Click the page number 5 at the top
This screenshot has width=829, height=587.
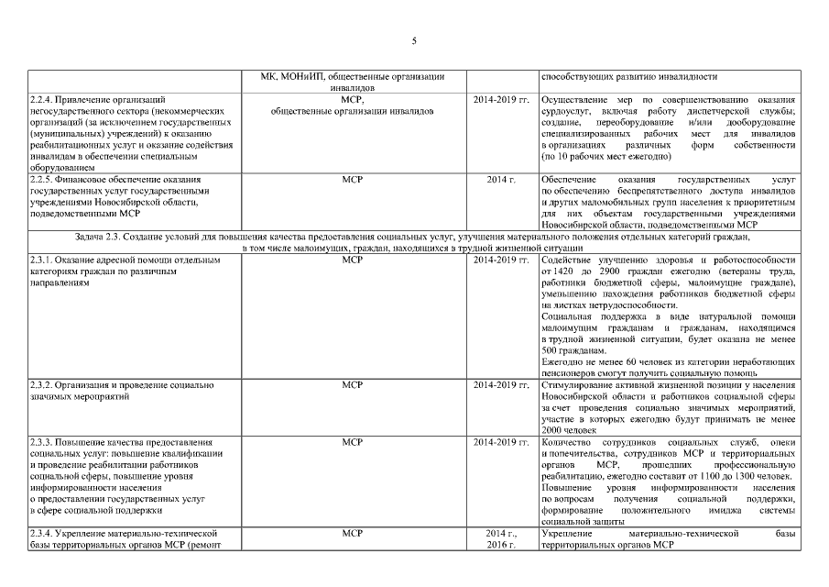click(x=414, y=40)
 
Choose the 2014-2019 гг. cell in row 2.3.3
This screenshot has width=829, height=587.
click(x=500, y=443)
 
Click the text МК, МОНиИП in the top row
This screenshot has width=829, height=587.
click(x=289, y=76)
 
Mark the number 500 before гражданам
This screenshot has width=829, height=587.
click(x=551, y=350)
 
